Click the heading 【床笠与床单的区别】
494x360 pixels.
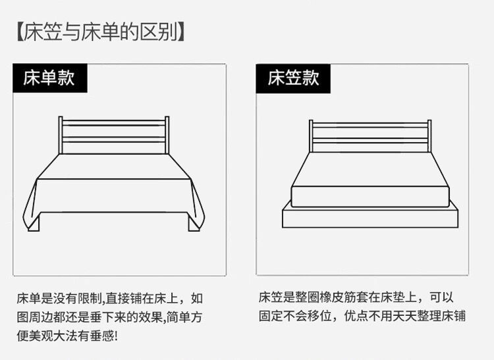(x=98, y=32)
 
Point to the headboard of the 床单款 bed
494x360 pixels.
(x=114, y=135)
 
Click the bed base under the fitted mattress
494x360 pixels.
(x=370, y=218)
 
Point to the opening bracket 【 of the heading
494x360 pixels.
(x=19, y=32)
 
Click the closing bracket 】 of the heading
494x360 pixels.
(x=178, y=32)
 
